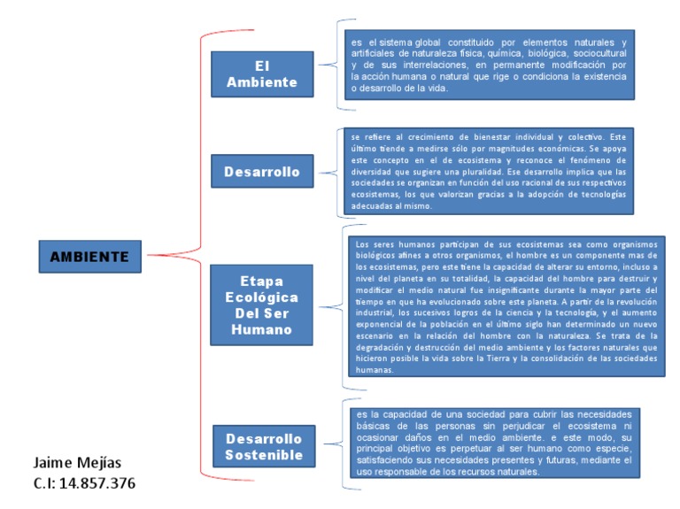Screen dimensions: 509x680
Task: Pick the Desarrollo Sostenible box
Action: coord(263,446)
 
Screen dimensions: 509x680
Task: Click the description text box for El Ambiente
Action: coord(488,64)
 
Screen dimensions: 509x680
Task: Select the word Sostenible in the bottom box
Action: coord(263,455)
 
